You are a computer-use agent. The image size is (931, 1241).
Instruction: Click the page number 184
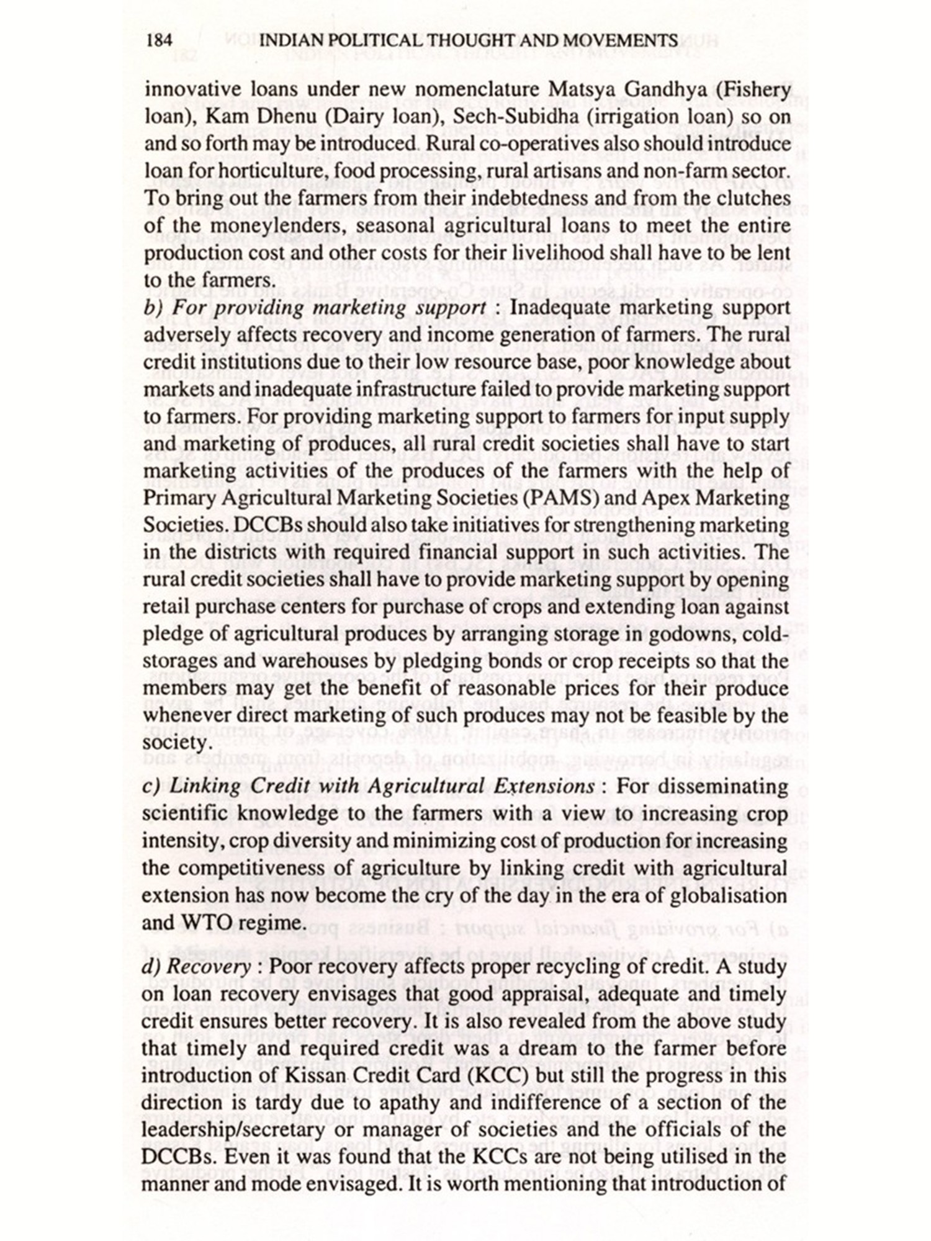click(158, 41)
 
